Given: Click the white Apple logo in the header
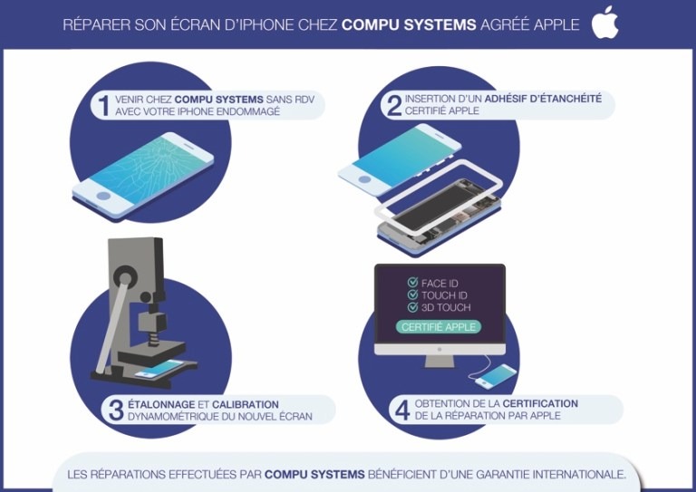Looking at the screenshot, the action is point(604,23).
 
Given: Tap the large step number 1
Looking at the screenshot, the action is point(104,106).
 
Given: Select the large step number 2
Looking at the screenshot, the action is point(394,106).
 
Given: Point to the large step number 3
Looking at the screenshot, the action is point(116,410).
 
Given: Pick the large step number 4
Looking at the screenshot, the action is point(402,410).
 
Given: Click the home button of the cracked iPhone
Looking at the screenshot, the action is point(103,196).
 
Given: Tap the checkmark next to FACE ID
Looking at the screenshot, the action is point(413,282).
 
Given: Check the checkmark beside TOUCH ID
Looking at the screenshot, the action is point(413,294).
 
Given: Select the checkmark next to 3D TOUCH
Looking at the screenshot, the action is point(413,307).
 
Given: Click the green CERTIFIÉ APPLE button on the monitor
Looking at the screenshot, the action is point(439,327).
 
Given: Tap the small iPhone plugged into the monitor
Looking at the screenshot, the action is point(496,376).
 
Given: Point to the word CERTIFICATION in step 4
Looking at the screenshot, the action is point(540,404).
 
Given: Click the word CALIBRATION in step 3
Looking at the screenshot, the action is point(245,405).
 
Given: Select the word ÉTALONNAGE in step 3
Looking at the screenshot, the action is point(161,405).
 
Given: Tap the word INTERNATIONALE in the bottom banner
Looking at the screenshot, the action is point(579,474).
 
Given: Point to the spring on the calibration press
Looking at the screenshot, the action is point(152,339).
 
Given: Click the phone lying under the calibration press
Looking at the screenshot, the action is point(159,369).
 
